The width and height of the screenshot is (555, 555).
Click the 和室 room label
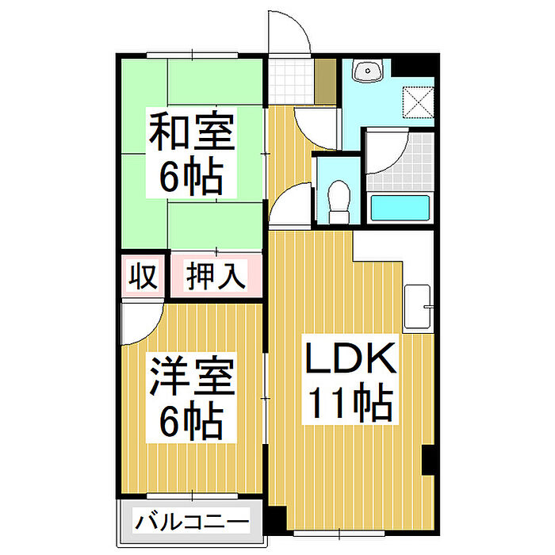coord(192,133)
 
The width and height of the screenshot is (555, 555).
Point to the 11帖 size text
coord(350,405)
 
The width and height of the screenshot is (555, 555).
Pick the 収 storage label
coord(143,277)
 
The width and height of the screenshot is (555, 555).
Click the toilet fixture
coord(339,201)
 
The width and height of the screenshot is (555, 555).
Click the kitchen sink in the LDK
coord(418,308)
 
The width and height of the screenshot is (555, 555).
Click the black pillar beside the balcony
coord(273,519)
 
